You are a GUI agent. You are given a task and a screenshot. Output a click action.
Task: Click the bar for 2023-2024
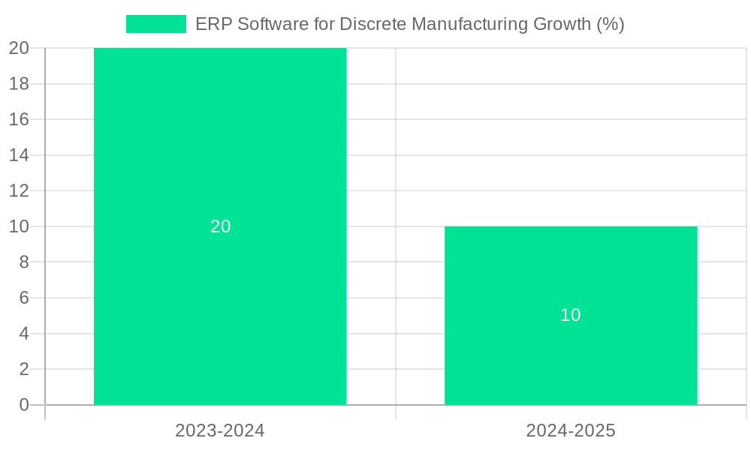pyautogui.click(x=220, y=150)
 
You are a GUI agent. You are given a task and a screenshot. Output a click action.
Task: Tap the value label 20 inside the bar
pyautogui.click(x=220, y=226)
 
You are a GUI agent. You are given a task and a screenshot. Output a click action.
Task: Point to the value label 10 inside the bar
pyautogui.click(x=571, y=315)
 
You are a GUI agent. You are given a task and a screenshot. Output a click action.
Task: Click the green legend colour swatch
pyautogui.click(x=155, y=24)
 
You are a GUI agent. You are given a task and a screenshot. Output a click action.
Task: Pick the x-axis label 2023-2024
pyautogui.click(x=220, y=430)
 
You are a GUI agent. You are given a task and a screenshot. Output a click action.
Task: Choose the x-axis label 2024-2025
pyautogui.click(x=571, y=430)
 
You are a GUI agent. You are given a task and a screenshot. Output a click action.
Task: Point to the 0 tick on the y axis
pyautogui.click(x=23, y=405)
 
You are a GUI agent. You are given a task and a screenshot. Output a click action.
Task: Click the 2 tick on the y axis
pyautogui.click(x=23, y=369)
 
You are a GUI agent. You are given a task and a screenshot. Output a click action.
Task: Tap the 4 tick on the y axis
pyautogui.click(x=23, y=334)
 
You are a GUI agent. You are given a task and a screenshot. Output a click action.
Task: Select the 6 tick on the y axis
pyautogui.click(x=23, y=298)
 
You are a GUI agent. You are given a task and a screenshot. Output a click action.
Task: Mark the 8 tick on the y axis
pyautogui.click(x=23, y=262)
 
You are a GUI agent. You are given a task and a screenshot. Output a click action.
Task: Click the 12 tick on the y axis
pyautogui.click(x=19, y=190)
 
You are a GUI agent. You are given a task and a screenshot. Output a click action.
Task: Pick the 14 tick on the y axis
pyautogui.click(x=19, y=155)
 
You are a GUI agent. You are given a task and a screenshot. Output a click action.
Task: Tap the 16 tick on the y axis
pyautogui.click(x=19, y=119)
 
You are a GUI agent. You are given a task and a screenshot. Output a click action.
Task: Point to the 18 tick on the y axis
pyautogui.click(x=19, y=84)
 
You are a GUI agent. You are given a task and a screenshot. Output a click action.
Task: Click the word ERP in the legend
pyautogui.click(x=213, y=24)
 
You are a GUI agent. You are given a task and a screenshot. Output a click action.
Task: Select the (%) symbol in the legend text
pyautogui.click(x=611, y=24)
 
